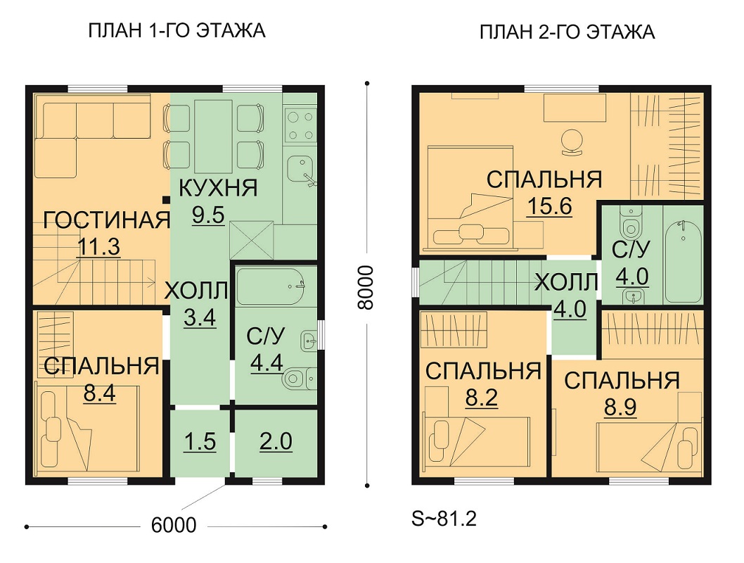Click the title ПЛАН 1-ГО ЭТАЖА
pos(177,31)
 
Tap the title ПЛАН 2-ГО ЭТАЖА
pos(567,32)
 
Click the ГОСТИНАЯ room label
pos(107,220)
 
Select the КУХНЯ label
pos(218,188)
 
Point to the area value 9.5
pos(208,215)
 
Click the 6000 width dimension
pos(174,525)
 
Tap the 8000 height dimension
pos(366,287)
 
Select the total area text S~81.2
pos(444,519)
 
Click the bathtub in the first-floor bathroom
pos(270,286)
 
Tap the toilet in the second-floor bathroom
pos(631,223)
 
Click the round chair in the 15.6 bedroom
pos(572,142)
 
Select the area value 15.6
pos(549,206)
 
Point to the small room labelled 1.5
pos(200,441)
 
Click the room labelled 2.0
pos(276,441)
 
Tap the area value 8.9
pos(620,407)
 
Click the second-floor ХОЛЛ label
pos(566,283)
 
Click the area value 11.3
pos(98,247)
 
